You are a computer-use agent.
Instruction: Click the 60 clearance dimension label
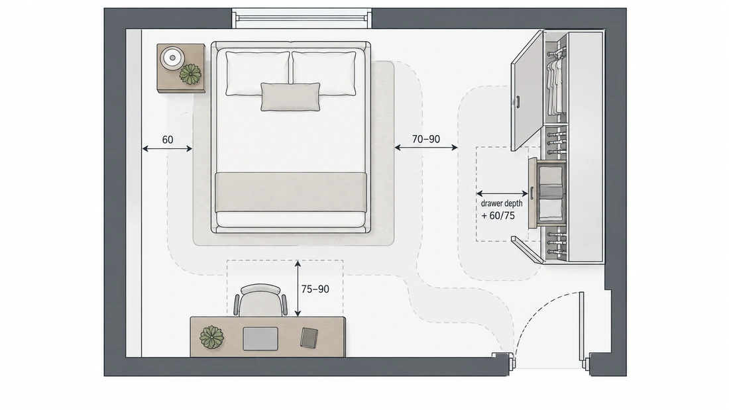coord(168,140)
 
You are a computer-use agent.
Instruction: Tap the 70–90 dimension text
coord(426,139)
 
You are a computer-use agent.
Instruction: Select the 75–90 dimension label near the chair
coord(315,289)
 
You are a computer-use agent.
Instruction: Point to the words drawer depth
coord(502,203)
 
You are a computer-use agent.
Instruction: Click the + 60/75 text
coord(498,216)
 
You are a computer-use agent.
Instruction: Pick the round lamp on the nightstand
coord(172,58)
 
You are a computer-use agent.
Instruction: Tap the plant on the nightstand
coord(190,74)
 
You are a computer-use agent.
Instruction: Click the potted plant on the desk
coord(211,337)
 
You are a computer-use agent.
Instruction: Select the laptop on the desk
coord(260,338)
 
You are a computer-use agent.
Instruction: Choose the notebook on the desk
coord(309,338)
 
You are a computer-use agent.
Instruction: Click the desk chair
coord(260,301)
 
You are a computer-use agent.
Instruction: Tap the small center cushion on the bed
coord(290,97)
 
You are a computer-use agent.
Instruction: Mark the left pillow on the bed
coord(258,73)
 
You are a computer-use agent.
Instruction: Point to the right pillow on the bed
coord(324,73)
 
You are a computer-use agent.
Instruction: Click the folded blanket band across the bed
coord(291,192)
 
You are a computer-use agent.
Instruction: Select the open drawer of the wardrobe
coord(547,193)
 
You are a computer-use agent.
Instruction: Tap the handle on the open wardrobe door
coord(518,102)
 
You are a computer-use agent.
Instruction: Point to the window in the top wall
coord(302,19)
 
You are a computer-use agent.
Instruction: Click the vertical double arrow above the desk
coord(298,289)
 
